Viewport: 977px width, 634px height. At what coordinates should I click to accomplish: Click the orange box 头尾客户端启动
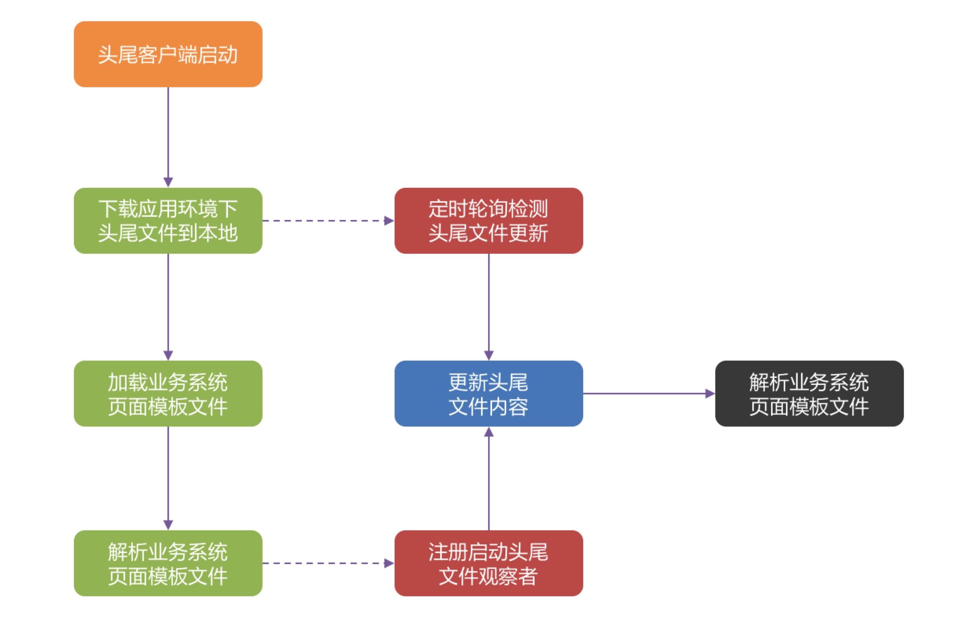(x=168, y=54)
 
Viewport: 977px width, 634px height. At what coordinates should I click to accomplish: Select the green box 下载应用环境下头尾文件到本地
(x=168, y=221)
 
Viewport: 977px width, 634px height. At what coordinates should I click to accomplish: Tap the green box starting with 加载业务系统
(x=168, y=394)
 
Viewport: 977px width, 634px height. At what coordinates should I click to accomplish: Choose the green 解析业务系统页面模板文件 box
(x=168, y=563)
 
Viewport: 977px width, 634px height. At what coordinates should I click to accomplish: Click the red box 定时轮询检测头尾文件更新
(x=488, y=221)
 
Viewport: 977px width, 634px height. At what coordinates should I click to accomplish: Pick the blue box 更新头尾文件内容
(x=488, y=394)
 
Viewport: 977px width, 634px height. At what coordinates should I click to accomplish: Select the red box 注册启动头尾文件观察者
(x=488, y=563)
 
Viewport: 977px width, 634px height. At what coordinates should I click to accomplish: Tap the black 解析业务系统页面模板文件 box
(x=809, y=394)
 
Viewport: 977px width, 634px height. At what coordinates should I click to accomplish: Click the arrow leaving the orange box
(x=168, y=136)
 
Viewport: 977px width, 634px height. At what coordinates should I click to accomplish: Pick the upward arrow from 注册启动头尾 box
(x=488, y=480)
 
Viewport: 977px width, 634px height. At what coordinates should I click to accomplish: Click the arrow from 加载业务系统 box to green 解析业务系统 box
(x=168, y=478)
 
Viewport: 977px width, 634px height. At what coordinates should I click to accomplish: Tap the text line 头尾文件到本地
(x=168, y=233)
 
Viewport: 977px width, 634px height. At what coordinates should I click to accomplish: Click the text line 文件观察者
(x=488, y=576)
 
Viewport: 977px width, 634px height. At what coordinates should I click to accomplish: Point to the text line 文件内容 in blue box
(x=488, y=406)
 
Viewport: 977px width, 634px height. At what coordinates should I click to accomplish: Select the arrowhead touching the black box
(x=710, y=394)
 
